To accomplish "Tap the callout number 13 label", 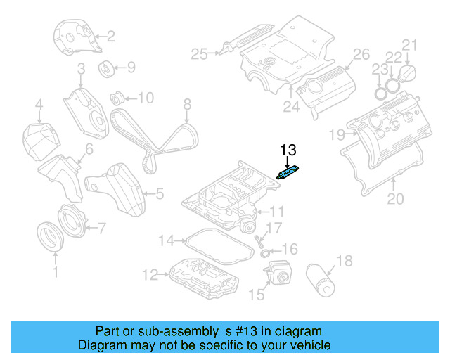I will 289,150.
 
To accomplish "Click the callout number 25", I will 200,53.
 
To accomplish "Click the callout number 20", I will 396,199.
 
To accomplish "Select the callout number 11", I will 277,211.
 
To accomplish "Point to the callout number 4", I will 39,107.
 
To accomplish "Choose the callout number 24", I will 290,107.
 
